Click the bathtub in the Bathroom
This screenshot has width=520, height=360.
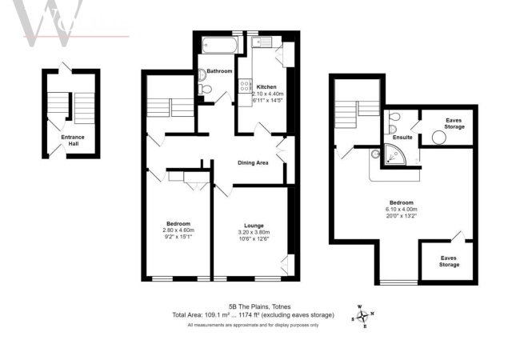(215, 45)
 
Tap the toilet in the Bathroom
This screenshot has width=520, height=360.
(205, 92)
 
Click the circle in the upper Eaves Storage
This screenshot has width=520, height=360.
(438, 137)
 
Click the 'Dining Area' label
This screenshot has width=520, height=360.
(253, 163)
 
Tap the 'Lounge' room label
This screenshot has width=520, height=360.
(254, 226)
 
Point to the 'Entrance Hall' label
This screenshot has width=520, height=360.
(73, 141)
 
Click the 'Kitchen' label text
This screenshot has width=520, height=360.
(266, 86)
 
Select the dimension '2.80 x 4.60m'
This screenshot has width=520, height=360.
(178, 230)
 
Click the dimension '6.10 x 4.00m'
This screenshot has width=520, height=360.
(402, 210)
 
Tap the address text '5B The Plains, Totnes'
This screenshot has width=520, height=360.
(259, 306)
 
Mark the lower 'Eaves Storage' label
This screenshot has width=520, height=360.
(449, 261)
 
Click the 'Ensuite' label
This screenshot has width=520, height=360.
(402, 137)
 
